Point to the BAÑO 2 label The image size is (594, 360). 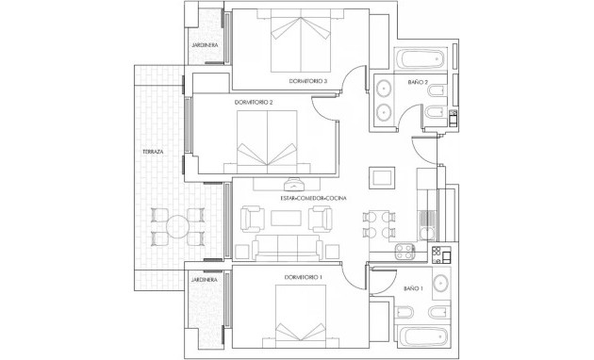click(x=419, y=83)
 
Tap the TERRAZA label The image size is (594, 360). click(x=153, y=151)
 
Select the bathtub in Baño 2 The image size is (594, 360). click(x=421, y=59)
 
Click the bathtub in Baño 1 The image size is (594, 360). click(x=424, y=336)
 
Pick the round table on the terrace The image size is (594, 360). click(x=177, y=226)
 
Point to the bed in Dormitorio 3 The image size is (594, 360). click(x=301, y=42)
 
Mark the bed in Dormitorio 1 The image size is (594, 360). click(x=303, y=319)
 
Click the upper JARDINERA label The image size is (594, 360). click(x=206, y=44)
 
